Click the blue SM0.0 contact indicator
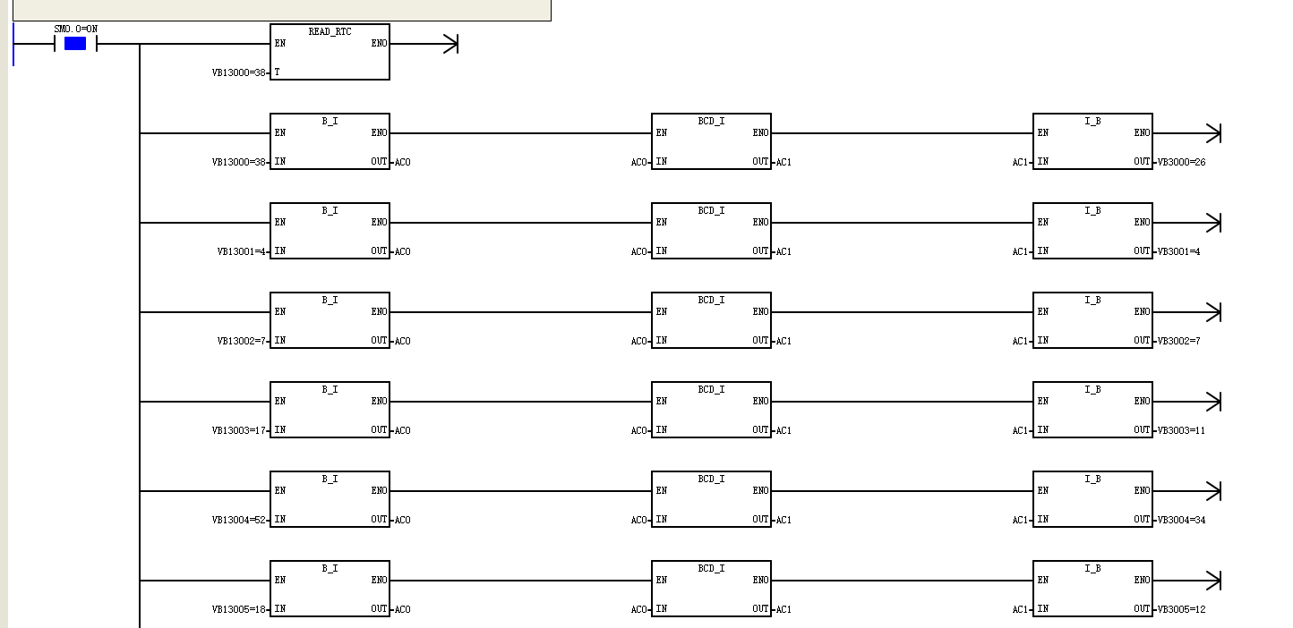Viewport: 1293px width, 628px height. coord(75,43)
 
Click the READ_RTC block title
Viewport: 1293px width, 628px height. coord(330,31)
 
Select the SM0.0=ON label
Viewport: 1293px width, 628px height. coord(75,29)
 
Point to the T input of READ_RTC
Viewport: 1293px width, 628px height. coord(277,72)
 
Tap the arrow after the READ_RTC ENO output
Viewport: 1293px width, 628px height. coord(424,44)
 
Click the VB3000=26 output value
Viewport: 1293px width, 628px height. coord(1181,162)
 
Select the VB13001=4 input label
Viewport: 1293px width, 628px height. coord(241,251)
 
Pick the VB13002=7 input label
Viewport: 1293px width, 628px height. coord(241,341)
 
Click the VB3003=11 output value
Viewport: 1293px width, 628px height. coord(1181,430)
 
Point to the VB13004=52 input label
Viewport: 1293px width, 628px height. coord(239,520)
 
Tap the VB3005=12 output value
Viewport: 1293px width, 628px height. coord(1181,609)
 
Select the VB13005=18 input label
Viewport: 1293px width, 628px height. coord(239,609)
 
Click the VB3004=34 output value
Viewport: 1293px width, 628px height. coord(1181,520)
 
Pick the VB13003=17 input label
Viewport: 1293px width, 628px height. coord(239,430)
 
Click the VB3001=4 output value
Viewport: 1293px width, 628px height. coord(1178,251)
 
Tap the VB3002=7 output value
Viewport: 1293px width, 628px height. coord(1178,341)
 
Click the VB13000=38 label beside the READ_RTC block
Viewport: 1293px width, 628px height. coord(239,72)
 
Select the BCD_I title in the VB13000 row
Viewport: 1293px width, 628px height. coord(711,121)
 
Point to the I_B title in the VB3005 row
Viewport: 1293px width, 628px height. coord(1092,569)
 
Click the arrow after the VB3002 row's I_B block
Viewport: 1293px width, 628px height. coord(1187,312)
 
